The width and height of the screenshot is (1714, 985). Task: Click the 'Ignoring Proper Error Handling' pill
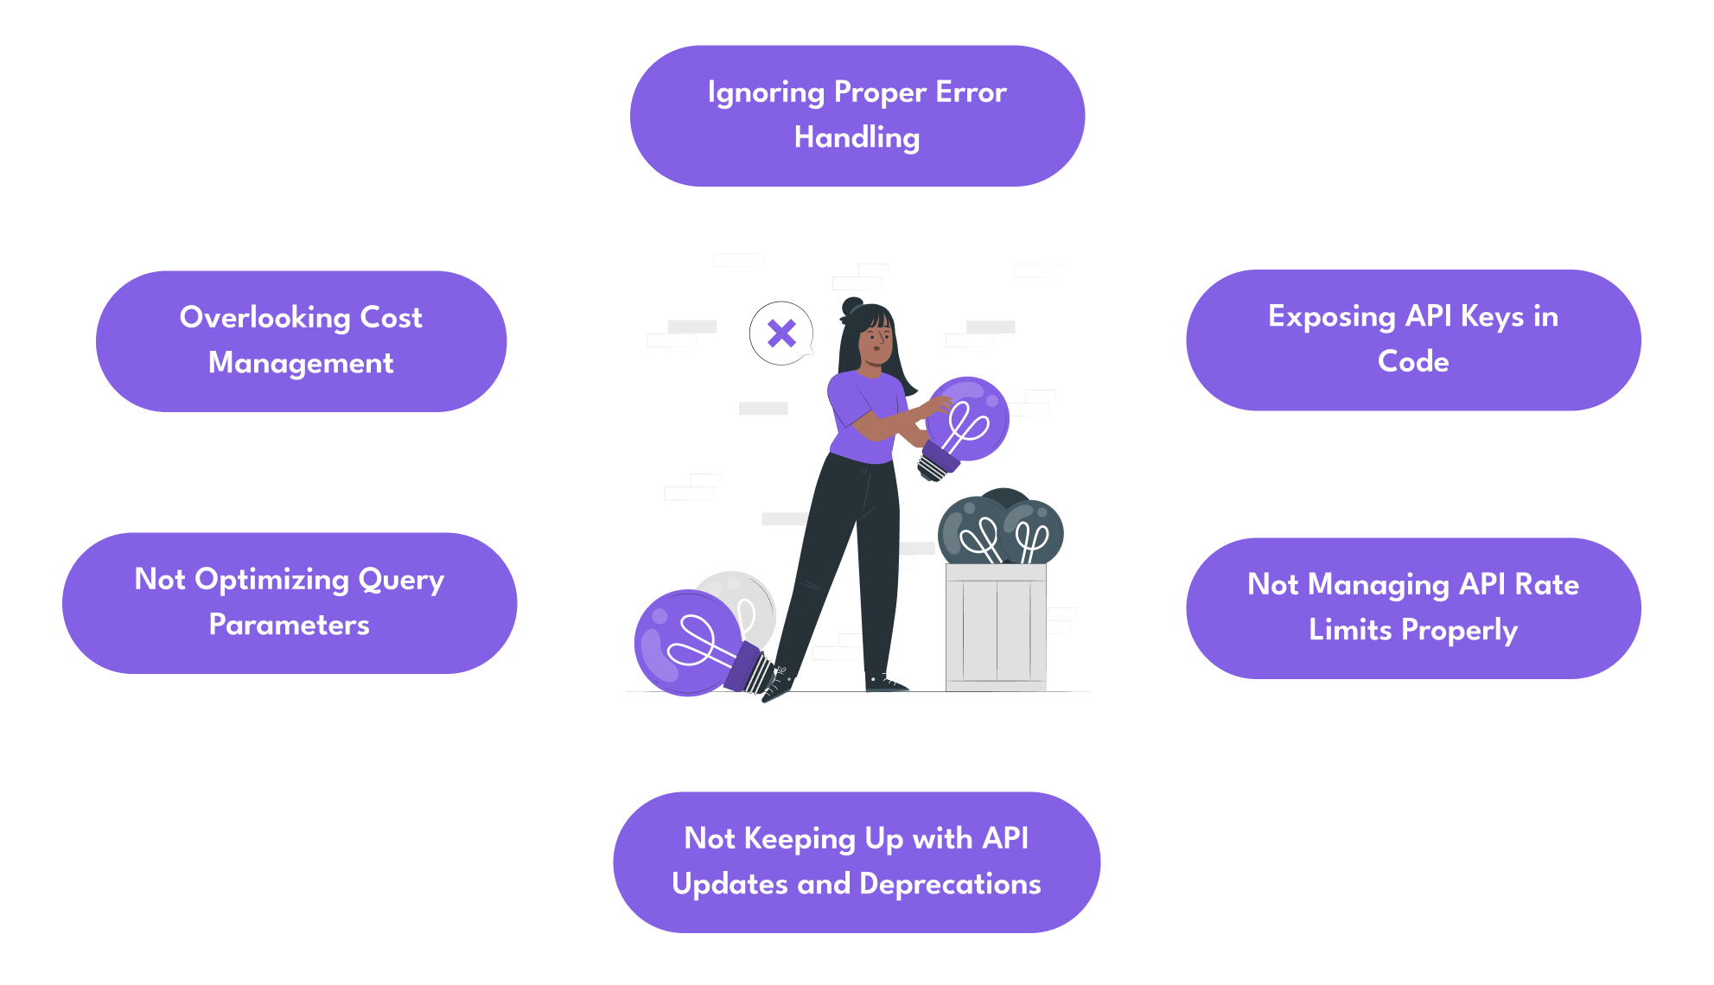pyautogui.click(x=857, y=116)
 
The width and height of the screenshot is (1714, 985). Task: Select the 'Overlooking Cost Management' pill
pyautogui.click(x=301, y=340)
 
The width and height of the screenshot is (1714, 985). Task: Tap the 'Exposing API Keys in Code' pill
pyautogui.click(x=1412, y=340)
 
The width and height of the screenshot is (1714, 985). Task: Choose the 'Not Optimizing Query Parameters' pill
pyautogui.click(x=289, y=602)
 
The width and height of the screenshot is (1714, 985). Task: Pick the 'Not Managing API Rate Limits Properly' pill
pyautogui.click(x=1412, y=607)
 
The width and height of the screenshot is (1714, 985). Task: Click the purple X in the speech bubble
pyautogui.click(x=781, y=333)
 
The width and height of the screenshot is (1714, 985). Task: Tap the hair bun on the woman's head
pyautogui.click(x=852, y=306)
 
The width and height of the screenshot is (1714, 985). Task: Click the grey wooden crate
pyautogui.click(x=996, y=626)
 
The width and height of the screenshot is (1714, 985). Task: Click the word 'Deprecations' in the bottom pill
pyautogui.click(x=950, y=884)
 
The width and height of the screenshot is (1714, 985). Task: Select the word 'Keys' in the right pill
pyautogui.click(x=1492, y=317)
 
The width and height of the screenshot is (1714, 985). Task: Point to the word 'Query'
pyautogui.click(x=401, y=580)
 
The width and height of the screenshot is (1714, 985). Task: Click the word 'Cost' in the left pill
pyautogui.click(x=391, y=318)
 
